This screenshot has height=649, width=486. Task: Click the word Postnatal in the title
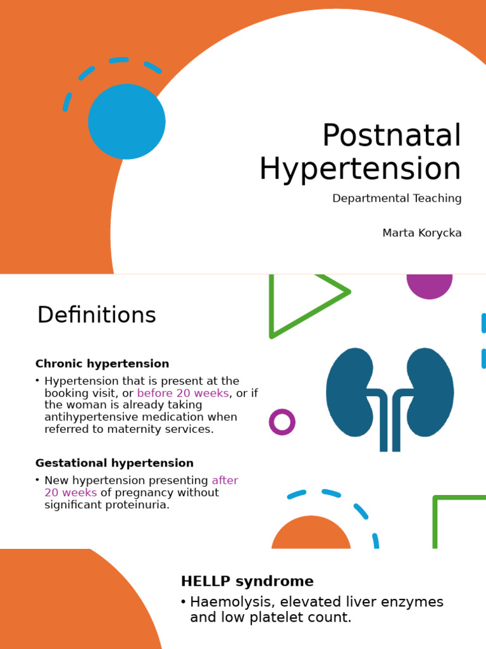(x=392, y=136)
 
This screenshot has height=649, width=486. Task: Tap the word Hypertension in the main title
(x=360, y=169)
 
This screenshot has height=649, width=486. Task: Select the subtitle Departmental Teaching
(x=397, y=198)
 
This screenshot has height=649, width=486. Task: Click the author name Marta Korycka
(x=421, y=233)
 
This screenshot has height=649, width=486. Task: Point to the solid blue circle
(x=127, y=121)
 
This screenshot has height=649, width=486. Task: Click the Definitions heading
(x=96, y=315)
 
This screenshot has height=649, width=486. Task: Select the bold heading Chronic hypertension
(x=102, y=364)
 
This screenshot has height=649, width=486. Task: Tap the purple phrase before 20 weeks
(x=182, y=393)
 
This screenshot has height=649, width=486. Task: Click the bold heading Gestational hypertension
(x=114, y=463)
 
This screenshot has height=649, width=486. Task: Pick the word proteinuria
(x=138, y=505)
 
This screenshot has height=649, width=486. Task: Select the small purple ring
(x=282, y=422)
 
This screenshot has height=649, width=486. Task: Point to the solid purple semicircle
(x=430, y=285)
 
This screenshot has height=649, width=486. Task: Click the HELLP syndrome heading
(x=247, y=581)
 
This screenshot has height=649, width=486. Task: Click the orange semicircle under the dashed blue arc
(x=311, y=536)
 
